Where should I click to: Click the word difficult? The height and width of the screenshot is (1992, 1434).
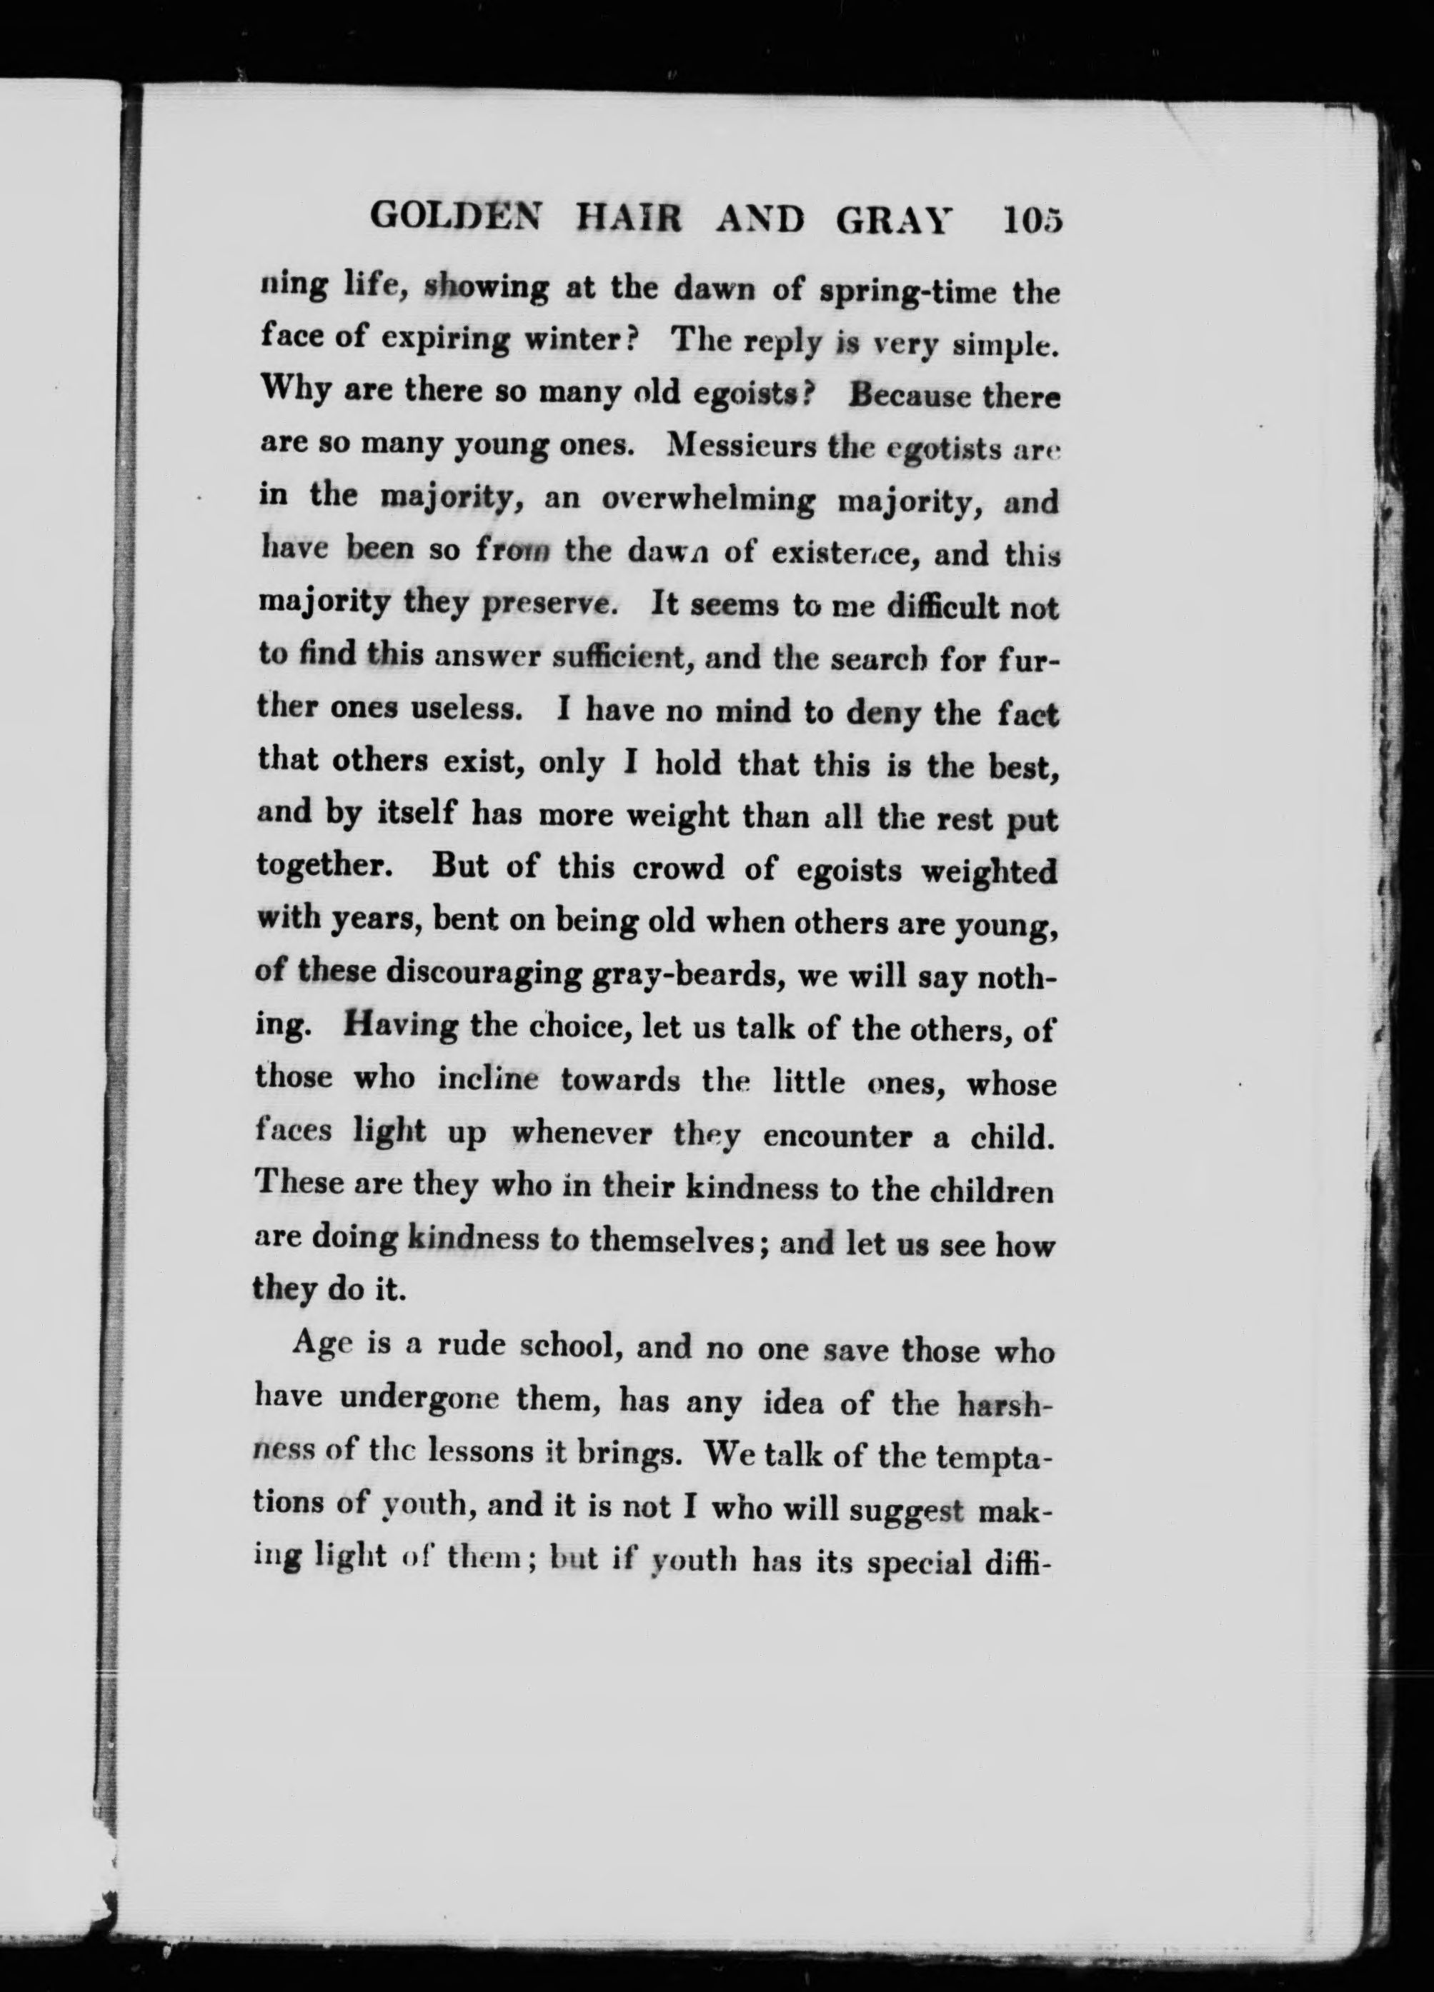(x=940, y=607)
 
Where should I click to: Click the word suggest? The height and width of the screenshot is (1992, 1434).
(x=914, y=1508)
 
